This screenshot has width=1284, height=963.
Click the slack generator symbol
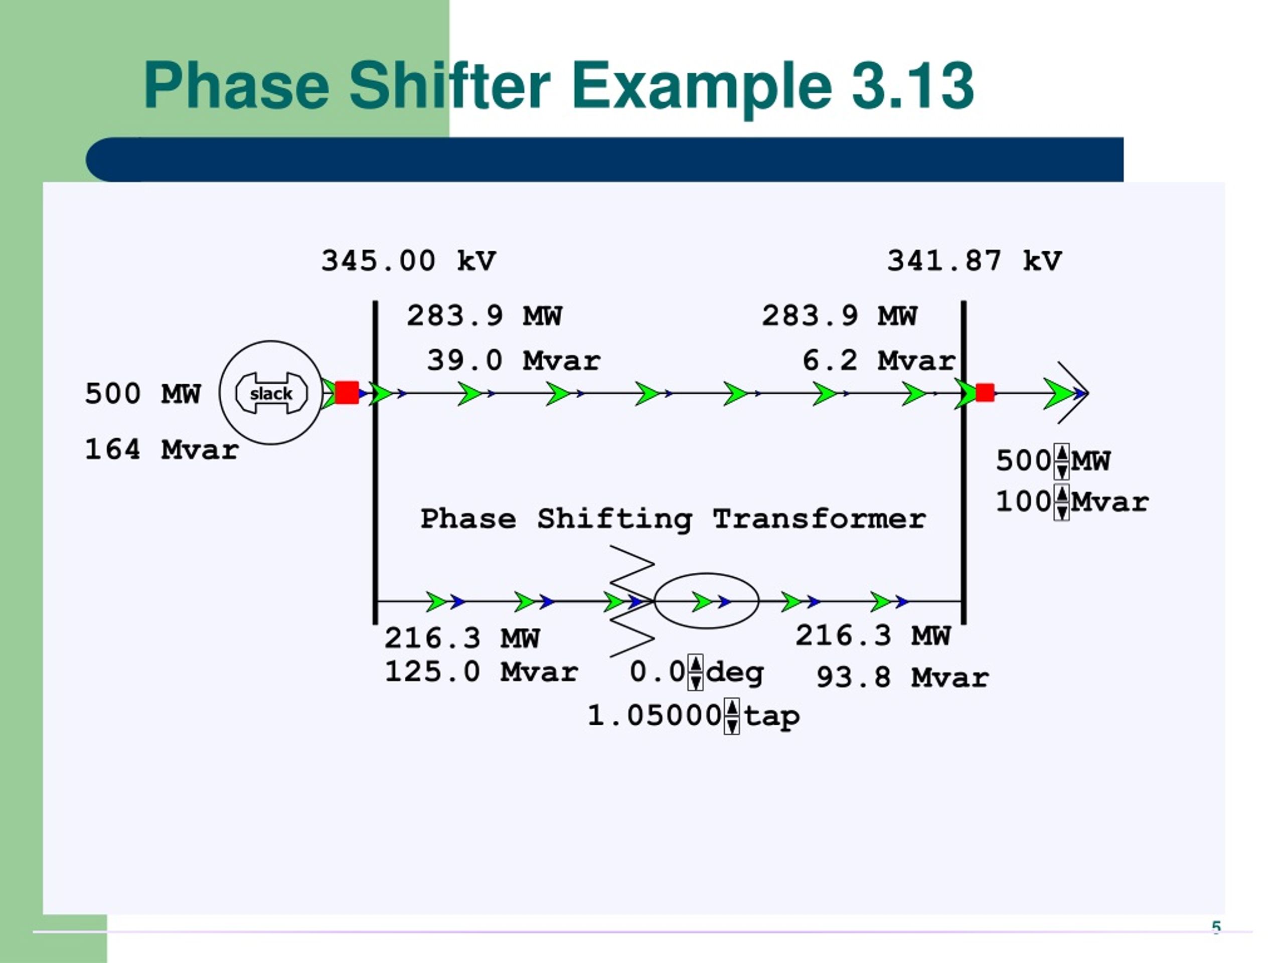click(270, 393)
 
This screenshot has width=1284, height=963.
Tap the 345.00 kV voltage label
click(409, 261)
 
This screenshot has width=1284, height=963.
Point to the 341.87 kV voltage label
click(975, 261)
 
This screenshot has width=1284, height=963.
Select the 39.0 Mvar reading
click(514, 361)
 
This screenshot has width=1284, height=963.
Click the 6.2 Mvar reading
click(879, 361)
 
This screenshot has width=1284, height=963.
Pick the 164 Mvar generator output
click(162, 450)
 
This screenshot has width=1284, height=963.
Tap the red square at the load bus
click(985, 392)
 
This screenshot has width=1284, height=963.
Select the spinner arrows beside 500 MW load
click(1062, 461)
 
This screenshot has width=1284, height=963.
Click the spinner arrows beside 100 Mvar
click(1062, 503)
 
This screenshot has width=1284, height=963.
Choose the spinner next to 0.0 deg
click(695, 672)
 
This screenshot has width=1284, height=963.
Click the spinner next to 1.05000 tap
click(732, 716)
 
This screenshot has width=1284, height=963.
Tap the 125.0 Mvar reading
click(481, 672)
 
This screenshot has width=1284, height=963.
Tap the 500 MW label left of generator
click(143, 394)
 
